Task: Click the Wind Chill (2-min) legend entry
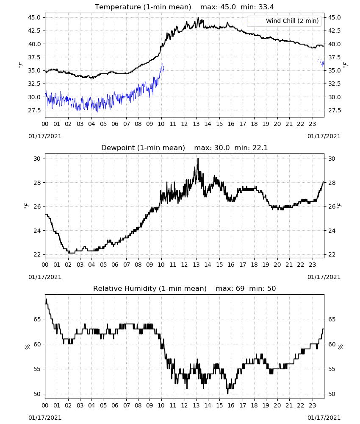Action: tap(284, 21)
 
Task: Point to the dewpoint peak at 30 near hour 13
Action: tap(198, 159)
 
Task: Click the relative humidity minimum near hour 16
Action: tap(228, 393)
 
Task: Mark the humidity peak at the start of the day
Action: tap(46, 299)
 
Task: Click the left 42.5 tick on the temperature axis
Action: tap(34, 31)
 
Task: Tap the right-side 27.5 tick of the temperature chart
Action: tap(335, 110)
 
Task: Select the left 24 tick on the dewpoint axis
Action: tap(37, 231)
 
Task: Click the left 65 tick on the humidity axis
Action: tap(37, 319)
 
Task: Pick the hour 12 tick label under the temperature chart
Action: tap(185, 124)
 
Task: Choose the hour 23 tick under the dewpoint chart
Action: tap(313, 265)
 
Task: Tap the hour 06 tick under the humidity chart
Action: tap(115, 406)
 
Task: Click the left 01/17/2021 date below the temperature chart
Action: tap(45, 136)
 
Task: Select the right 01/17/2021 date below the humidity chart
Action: tap(324, 418)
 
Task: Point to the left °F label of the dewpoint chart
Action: tap(26, 206)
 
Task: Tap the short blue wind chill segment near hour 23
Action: tap(321, 63)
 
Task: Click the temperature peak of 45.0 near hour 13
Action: tap(198, 18)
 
